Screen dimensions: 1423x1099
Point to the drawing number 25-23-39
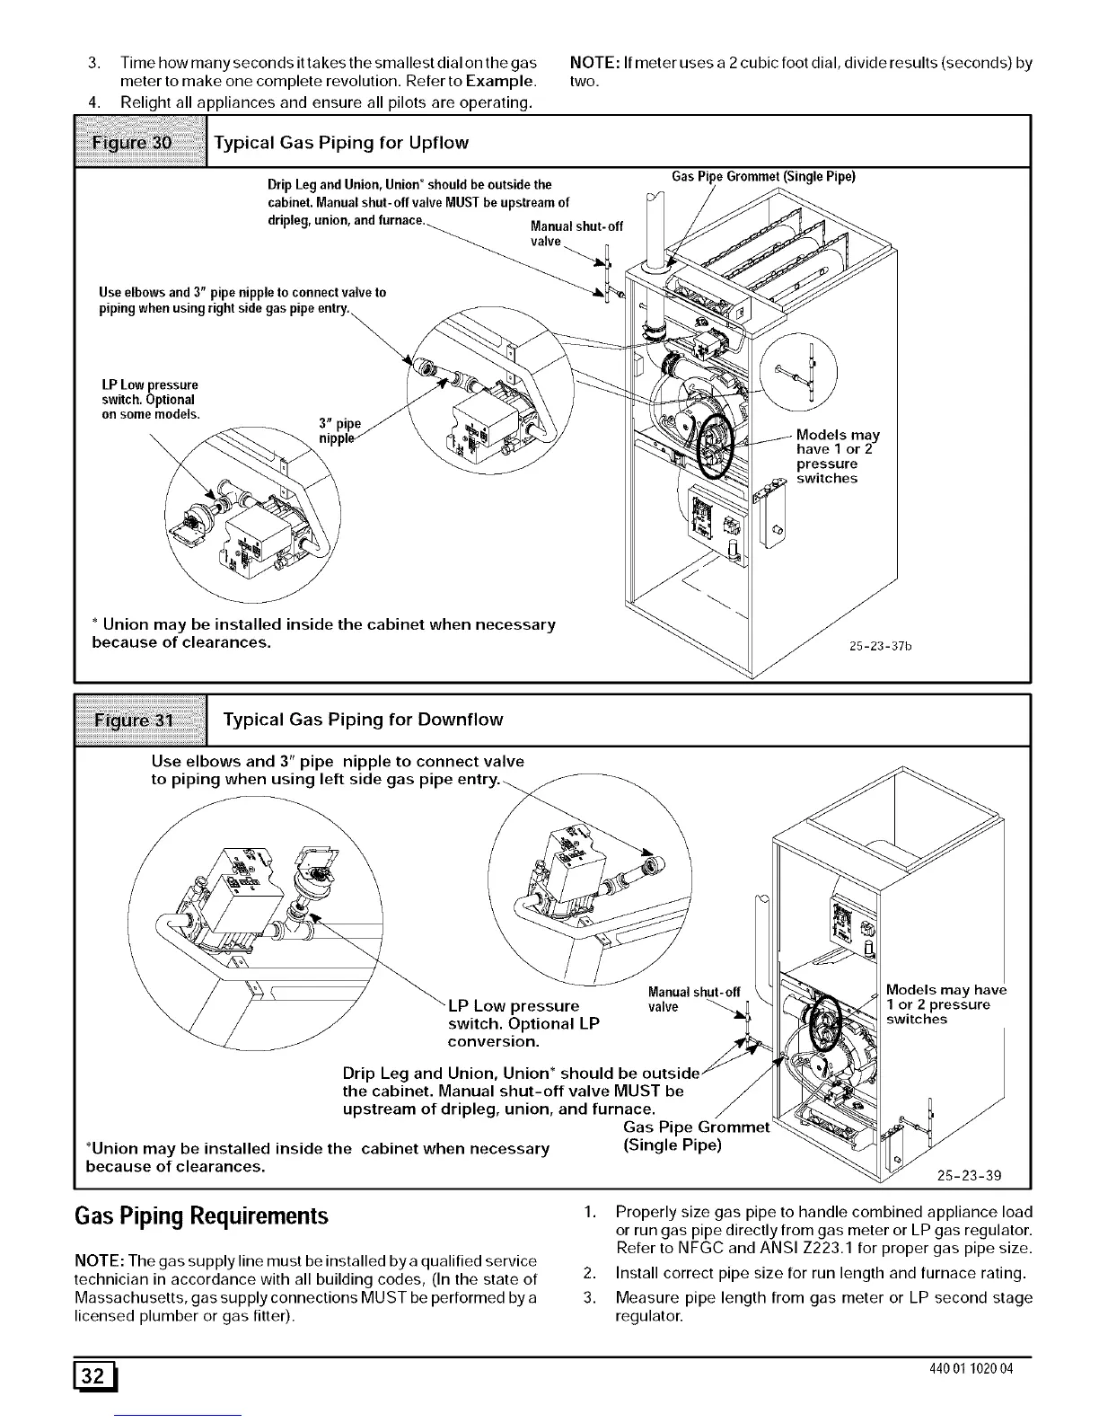pyautogui.click(x=969, y=1176)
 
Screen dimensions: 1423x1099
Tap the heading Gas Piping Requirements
pyautogui.click(x=201, y=1217)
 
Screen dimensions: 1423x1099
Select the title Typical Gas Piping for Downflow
pyautogui.click(x=362, y=720)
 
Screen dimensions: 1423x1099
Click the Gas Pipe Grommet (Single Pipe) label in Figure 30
pyautogui.click(x=763, y=176)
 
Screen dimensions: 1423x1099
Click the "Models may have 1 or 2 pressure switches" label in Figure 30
pyautogui.click(x=837, y=456)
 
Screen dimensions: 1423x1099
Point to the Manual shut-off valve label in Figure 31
pyautogui.click(x=693, y=999)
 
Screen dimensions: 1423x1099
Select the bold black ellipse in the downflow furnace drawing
pyautogui.click(x=824, y=1025)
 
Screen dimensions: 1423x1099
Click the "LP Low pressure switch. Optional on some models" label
pyautogui.click(x=149, y=400)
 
